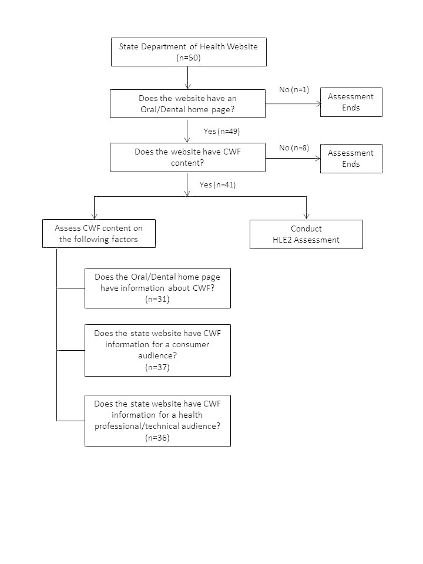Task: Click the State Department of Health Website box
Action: (x=189, y=52)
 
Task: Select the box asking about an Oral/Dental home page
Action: (x=188, y=103)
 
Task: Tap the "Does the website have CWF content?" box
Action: (x=188, y=157)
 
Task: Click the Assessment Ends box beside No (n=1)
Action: (x=351, y=102)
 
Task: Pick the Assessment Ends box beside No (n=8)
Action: (x=351, y=159)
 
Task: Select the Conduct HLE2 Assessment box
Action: (x=306, y=234)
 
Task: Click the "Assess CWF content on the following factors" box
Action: (x=99, y=233)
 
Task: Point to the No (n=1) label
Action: (x=294, y=89)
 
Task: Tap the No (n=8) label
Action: (x=294, y=148)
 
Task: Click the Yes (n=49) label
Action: (x=221, y=131)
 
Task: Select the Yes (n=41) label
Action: (x=217, y=185)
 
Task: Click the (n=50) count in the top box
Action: (x=189, y=58)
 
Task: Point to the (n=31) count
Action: (x=157, y=299)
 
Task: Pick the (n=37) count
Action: (x=157, y=367)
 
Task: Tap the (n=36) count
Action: (x=157, y=438)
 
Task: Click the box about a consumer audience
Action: (x=157, y=350)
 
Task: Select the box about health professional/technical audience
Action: (x=157, y=421)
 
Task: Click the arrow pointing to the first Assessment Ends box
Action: (x=293, y=104)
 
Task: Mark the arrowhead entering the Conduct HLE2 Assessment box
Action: (x=307, y=217)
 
